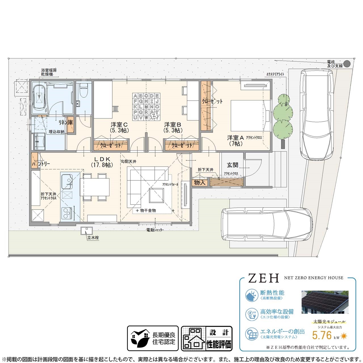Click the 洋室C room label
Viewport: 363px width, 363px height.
(x=119, y=125)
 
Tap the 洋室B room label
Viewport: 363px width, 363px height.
(x=172, y=125)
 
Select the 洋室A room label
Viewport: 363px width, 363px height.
(x=235, y=138)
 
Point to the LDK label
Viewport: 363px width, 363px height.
(x=102, y=159)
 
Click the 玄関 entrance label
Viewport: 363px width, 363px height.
(x=233, y=165)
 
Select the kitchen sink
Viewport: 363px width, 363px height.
(x=66, y=181)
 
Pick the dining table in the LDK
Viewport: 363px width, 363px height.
(x=94, y=187)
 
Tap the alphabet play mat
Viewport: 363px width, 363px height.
(x=146, y=107)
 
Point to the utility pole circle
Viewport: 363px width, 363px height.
(x=347, y=64)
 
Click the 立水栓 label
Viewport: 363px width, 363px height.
(x=93, y=238)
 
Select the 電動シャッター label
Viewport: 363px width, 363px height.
(x=155, y=230)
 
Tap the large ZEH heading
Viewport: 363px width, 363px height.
(x=263, y=278)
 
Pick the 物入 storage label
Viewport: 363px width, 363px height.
(x=199, y=182)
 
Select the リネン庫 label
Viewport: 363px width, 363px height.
(x=66, y=123)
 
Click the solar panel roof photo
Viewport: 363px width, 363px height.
(x=325, y=302)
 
